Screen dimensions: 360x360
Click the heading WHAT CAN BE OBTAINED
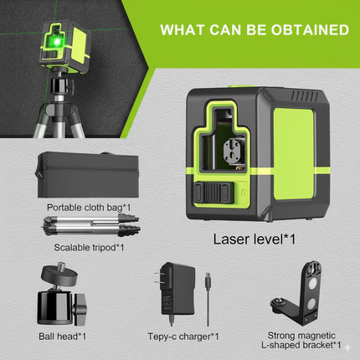(255, 31)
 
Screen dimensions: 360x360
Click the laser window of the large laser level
(235, 150)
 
